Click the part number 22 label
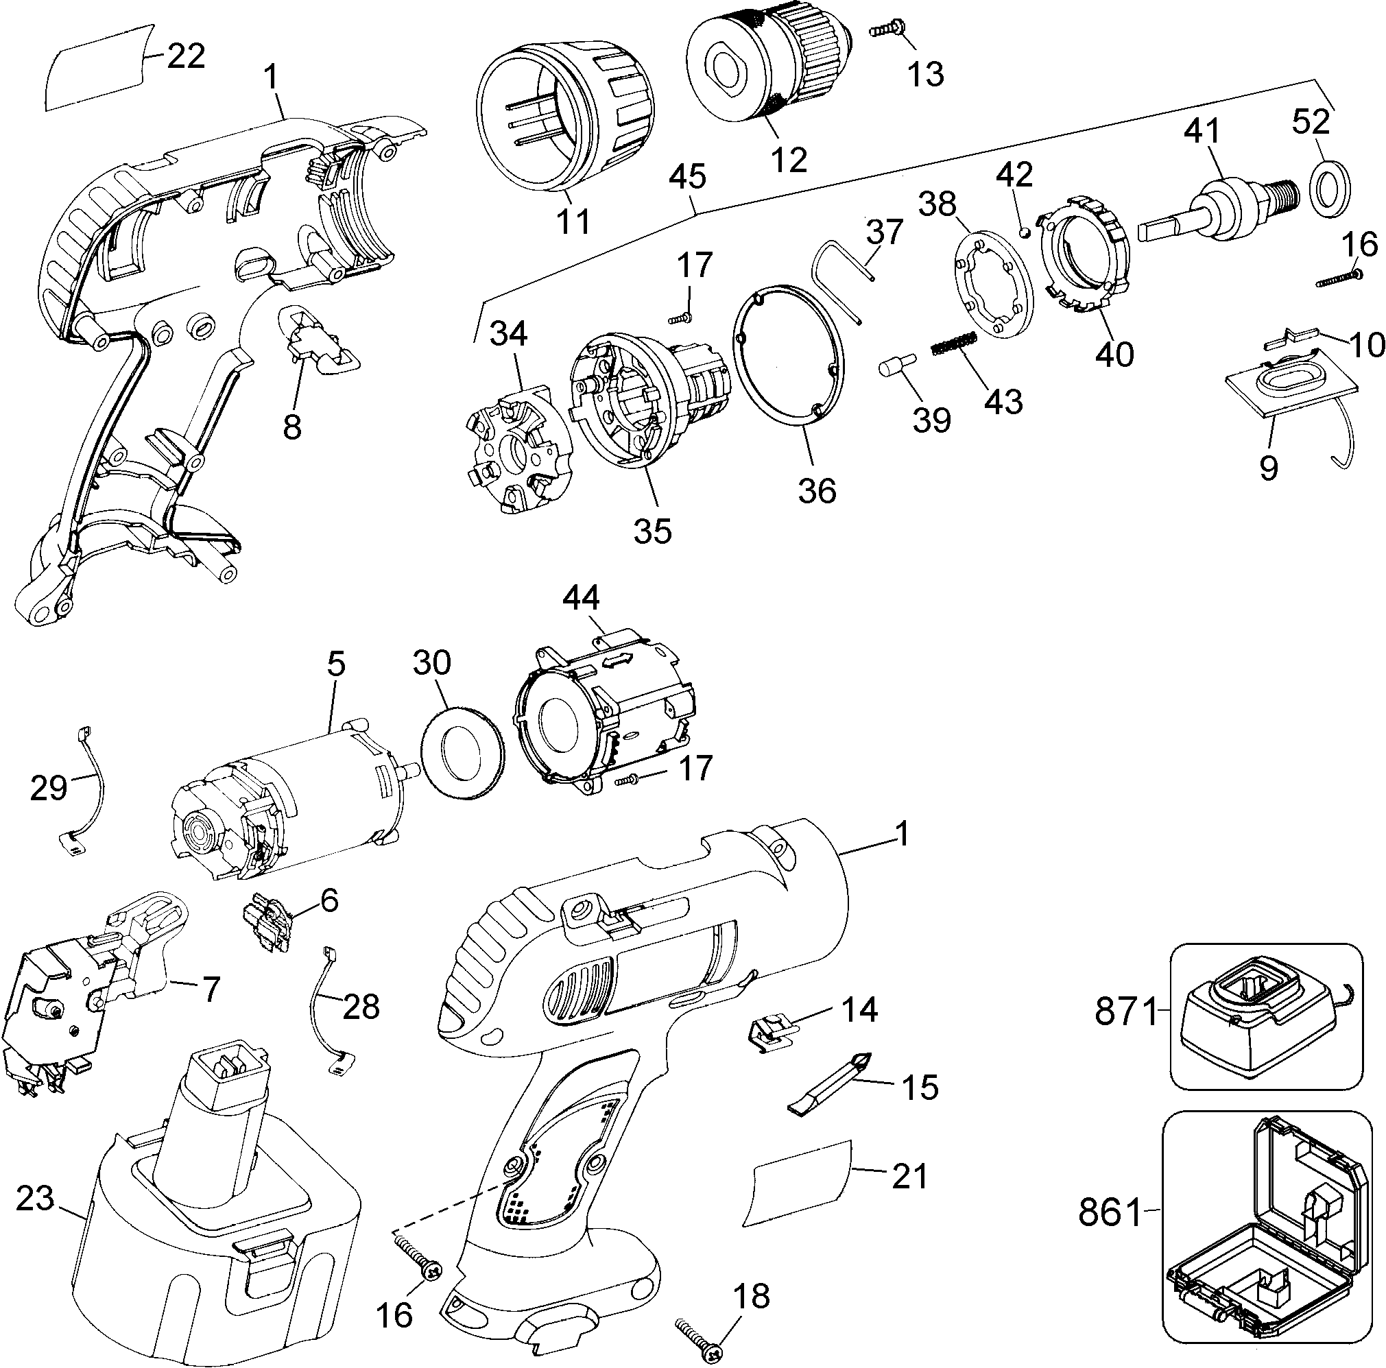pos(186,56)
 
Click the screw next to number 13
pos(888,29)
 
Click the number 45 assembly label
pos(688,177)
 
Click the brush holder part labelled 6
pos(267,926)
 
